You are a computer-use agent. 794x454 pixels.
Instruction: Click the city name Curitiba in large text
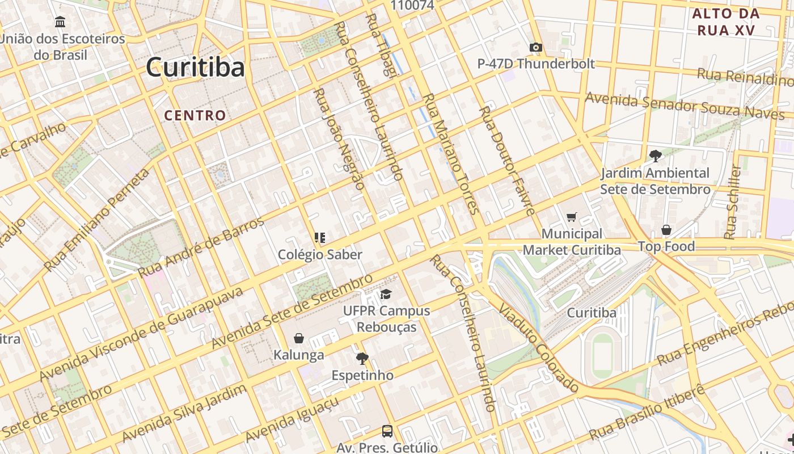(195, 68)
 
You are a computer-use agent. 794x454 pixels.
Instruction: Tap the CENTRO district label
(195, 115)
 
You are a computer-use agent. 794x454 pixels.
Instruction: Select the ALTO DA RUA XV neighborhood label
(726, 22)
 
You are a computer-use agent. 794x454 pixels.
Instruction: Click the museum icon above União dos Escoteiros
(60, 22)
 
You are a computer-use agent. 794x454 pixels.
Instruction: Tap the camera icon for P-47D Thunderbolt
(535, 47)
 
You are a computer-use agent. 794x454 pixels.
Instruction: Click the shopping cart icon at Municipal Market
(571, 217)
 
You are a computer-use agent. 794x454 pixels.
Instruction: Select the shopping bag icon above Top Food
(666, 230)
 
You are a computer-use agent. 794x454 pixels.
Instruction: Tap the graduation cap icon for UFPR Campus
(386, 294)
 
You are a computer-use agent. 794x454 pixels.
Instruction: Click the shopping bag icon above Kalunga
(299, 338)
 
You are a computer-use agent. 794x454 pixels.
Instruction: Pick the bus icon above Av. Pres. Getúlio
(387, 431)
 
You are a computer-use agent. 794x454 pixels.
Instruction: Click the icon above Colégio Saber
(320, 238)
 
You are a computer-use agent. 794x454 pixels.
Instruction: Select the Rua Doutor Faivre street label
(506, 161)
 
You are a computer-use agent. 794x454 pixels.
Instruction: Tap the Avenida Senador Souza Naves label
(685, 106)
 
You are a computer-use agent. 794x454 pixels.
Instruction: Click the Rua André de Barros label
(201, 247)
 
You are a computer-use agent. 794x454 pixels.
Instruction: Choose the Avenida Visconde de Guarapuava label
(142, 334)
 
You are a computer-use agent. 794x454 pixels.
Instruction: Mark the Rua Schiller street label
(733, 201)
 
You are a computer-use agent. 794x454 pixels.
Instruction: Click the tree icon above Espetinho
(362, 359)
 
